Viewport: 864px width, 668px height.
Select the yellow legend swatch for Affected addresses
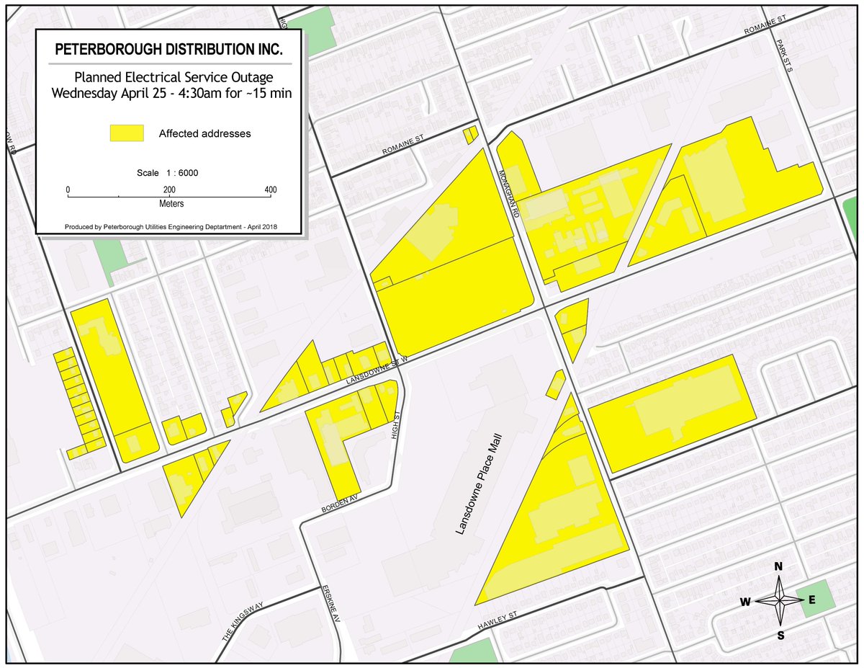pos(127,133)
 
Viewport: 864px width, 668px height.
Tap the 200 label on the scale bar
pos(169,190)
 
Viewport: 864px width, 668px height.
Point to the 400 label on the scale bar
pos(270,190)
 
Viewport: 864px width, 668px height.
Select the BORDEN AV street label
pos(341,505)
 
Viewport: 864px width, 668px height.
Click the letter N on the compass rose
pos(778,566)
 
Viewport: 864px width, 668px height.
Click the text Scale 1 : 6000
pos(168,173)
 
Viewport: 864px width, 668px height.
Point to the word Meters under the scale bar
pos(169,203)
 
